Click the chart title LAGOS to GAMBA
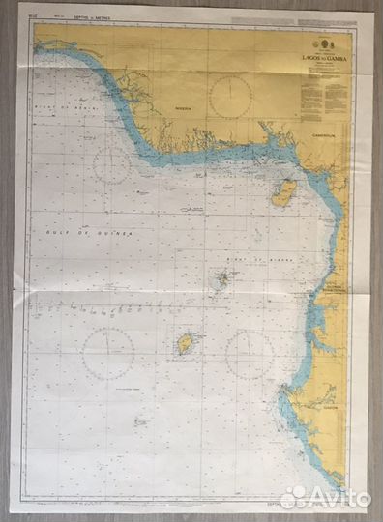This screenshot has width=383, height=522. [319, 59]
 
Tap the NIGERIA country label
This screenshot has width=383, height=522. [184, 109]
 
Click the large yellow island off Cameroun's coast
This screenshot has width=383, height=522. [283, 191]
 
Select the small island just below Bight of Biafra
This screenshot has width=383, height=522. [222, 278]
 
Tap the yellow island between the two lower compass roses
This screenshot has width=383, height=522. [185, 344]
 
